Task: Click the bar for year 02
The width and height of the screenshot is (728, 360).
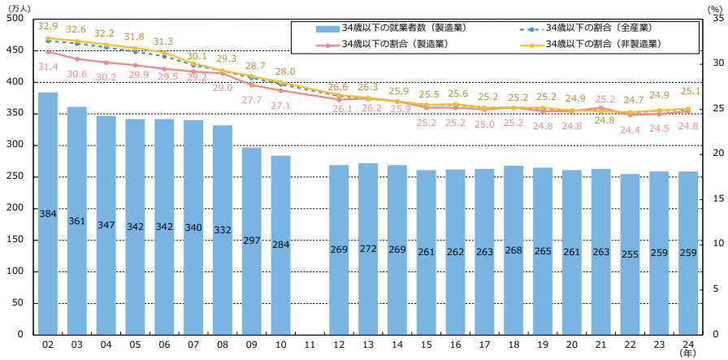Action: coord(48,213)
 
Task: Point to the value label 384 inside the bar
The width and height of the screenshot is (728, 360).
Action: coord(48,213)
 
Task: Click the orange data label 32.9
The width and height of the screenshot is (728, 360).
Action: coord(48,26)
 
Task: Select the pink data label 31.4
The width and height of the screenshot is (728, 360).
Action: coord(48,67)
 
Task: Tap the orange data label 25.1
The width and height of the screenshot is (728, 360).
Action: coord(690,91)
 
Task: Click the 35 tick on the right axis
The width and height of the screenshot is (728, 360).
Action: coord(712,20)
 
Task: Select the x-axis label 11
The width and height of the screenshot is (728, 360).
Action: coord(310,345)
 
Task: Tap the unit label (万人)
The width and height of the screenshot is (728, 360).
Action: coord(18,7)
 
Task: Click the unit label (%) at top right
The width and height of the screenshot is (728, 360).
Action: coord(712,7)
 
